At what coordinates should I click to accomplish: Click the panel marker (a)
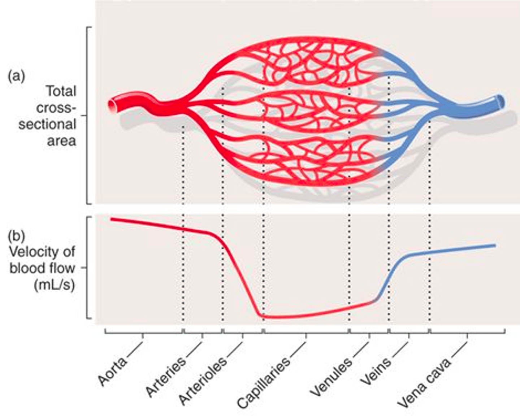[17, 77]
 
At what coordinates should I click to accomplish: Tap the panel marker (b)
[17, 236]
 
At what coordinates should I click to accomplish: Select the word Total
[61, 92]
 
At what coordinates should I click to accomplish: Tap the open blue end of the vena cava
[500, 101]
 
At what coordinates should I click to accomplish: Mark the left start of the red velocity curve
[111, 219]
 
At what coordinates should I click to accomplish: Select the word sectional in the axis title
[47, 125]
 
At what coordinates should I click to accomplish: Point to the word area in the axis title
[62, 141]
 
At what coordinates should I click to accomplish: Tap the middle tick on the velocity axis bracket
[84, 268]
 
